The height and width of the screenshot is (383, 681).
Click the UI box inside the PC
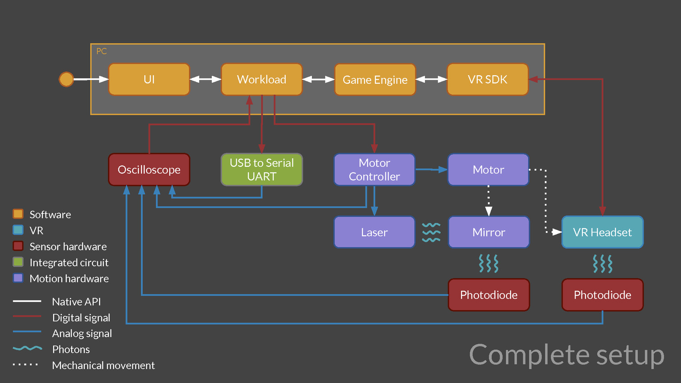tap(149, 79)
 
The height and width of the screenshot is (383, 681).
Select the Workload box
tap(261, 79)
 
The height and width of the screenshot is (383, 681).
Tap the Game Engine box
tap(375, 80)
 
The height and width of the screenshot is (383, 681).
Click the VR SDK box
tap(488, 79)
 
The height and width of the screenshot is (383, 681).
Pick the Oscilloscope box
tap(149, 169)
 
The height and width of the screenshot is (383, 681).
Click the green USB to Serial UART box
tap(262, 169)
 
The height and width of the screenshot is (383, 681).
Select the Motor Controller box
tap(374, 169)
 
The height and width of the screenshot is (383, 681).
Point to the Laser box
tap(374, 232)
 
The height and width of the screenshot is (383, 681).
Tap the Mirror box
tap(489, 232)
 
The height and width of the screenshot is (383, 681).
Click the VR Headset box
tap(602, 232)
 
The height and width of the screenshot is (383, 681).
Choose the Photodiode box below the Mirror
tap(489, 295)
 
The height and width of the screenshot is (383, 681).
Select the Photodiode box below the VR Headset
tap(602, 295)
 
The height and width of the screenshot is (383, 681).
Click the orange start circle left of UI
tap(66, 79)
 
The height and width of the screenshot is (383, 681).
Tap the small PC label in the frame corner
tap(101, 51)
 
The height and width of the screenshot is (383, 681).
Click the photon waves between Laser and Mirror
tap(431, 232)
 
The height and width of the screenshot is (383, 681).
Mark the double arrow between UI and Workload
tap(206, 79)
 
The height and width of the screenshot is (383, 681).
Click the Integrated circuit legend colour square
tap(18, 262)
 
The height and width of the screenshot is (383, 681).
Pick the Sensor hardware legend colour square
tap(18, 246)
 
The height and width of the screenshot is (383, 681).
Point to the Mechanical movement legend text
tap(103, 365)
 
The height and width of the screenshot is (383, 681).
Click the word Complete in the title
tap(529, 355)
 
